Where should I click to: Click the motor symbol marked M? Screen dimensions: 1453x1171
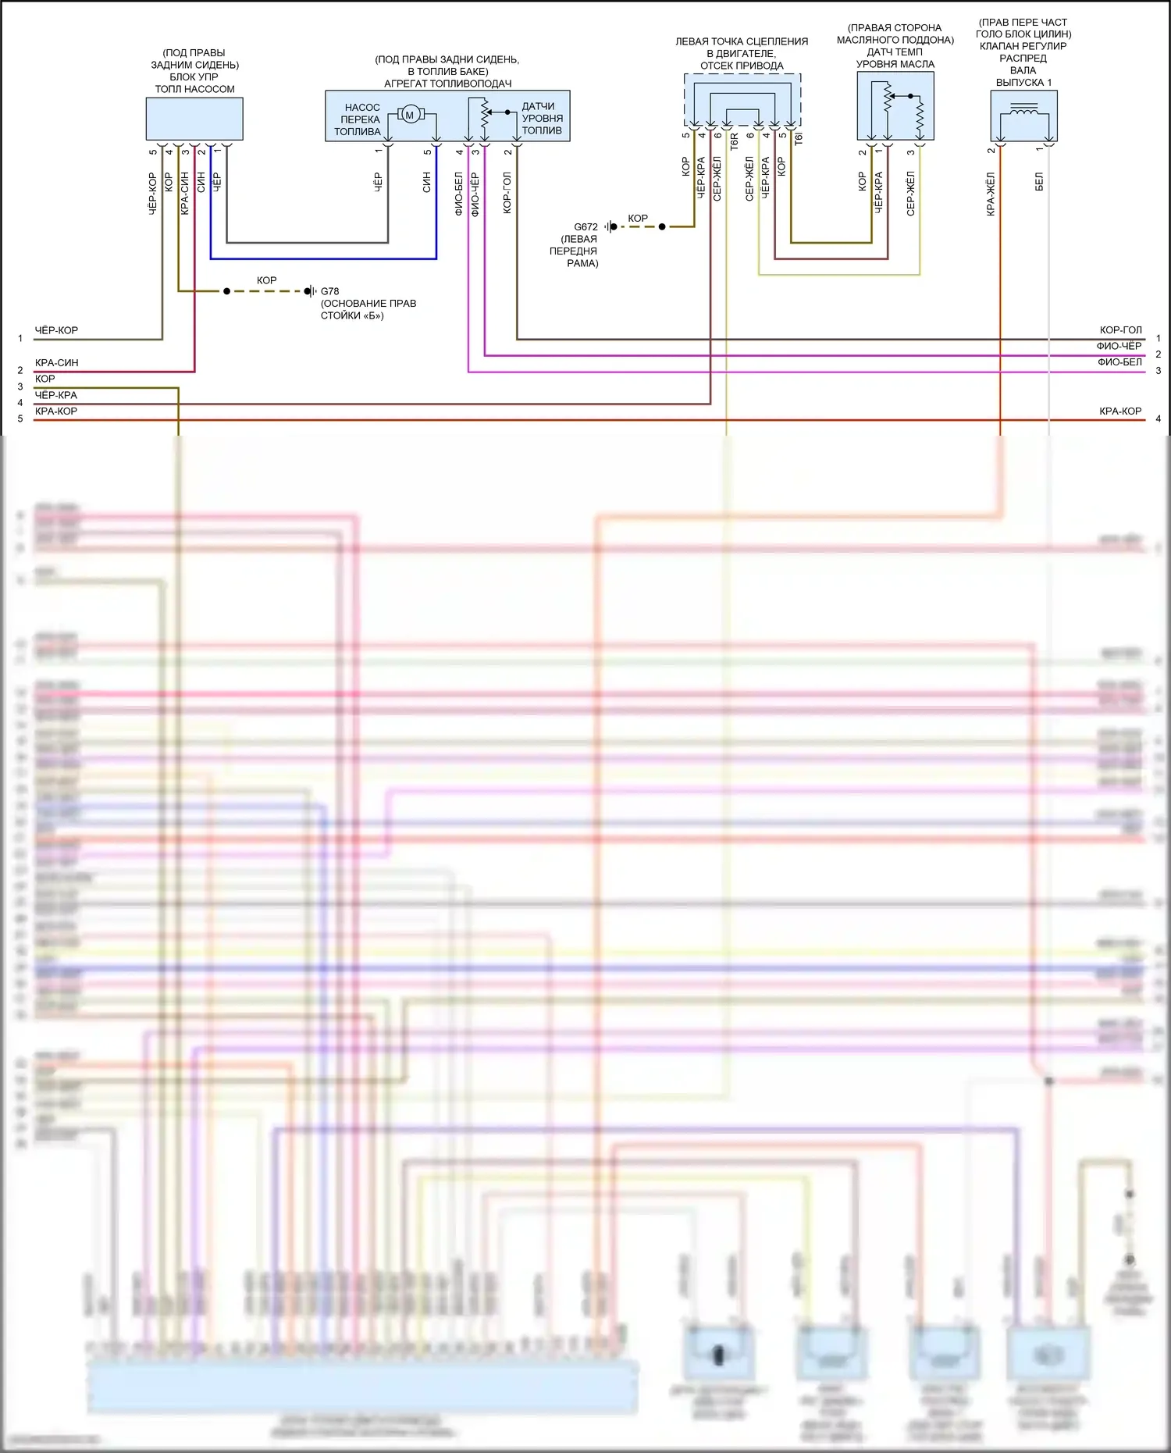pyautogui.click(x=410, y=116)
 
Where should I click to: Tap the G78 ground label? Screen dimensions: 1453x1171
pyautogui.click(x=329, y=291)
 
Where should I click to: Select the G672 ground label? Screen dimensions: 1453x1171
pyautogui.click(x=585, y=227)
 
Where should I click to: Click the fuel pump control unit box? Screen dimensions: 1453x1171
pyautogui.click(x=194, y=119)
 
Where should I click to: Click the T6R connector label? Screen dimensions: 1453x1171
pyautogui.click(x=734, y=141)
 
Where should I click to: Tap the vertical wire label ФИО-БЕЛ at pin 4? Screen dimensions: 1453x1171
pyautogui.click(x=458, y=194)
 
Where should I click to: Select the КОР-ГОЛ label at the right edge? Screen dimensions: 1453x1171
pyautogui.click(x=1120, y=330)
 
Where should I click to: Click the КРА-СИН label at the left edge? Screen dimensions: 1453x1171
pyautogui.click(x=57, y=363)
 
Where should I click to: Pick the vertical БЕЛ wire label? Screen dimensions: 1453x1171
pyautogui.click(x=1038, y=182)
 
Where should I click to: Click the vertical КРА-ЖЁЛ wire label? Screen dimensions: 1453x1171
pyautogui.click(x=990, y=194)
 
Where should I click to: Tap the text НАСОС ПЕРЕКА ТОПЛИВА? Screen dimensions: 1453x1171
pyautogui.click(x=358, y=119)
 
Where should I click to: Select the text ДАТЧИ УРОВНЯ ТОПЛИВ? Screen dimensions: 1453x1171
pyautogui.click(x=542, y=119)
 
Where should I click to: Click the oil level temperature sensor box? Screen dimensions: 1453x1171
pyautogui.click(x=895, y=106)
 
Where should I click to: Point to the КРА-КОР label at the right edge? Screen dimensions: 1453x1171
pyautogui.click(x=1120, y=411)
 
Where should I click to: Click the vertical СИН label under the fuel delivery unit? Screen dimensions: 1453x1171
pyautogui.click(x=426, y=182)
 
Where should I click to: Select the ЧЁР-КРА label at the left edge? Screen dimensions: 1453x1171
pyautogui.click(x=56, y=395)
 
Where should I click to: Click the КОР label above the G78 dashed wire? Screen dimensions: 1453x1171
pyautogui.click(x=267, y=280)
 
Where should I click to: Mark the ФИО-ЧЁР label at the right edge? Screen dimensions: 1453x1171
pyautogui.click(x=1119, y=346)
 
